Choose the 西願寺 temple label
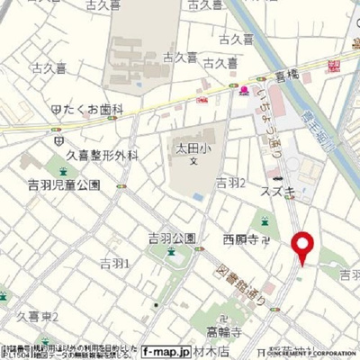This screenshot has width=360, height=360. (x=240, y=239)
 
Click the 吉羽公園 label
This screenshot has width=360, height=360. (x=171, y=238)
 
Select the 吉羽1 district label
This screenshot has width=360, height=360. (x=114, y=264)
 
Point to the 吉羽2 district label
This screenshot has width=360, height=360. (x=231, y=183)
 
